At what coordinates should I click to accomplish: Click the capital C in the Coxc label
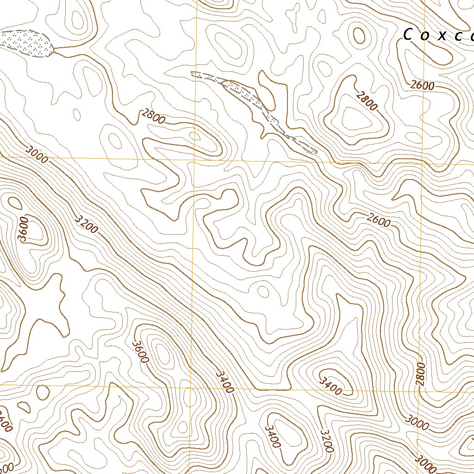(408, 35)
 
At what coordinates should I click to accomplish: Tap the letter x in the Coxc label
(442, 36)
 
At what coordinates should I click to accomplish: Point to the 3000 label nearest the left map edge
(37, 154)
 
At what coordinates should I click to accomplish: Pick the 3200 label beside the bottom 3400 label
(327, 440)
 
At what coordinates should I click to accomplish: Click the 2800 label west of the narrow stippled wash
(153, 117)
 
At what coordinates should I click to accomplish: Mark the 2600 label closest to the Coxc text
(422, 85)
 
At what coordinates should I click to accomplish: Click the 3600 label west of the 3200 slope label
(24, 228)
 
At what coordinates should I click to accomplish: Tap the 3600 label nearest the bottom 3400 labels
(140, 352)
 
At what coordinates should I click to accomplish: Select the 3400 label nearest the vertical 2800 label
(331, 386)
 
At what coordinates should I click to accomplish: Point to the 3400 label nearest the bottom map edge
(273, 436)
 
